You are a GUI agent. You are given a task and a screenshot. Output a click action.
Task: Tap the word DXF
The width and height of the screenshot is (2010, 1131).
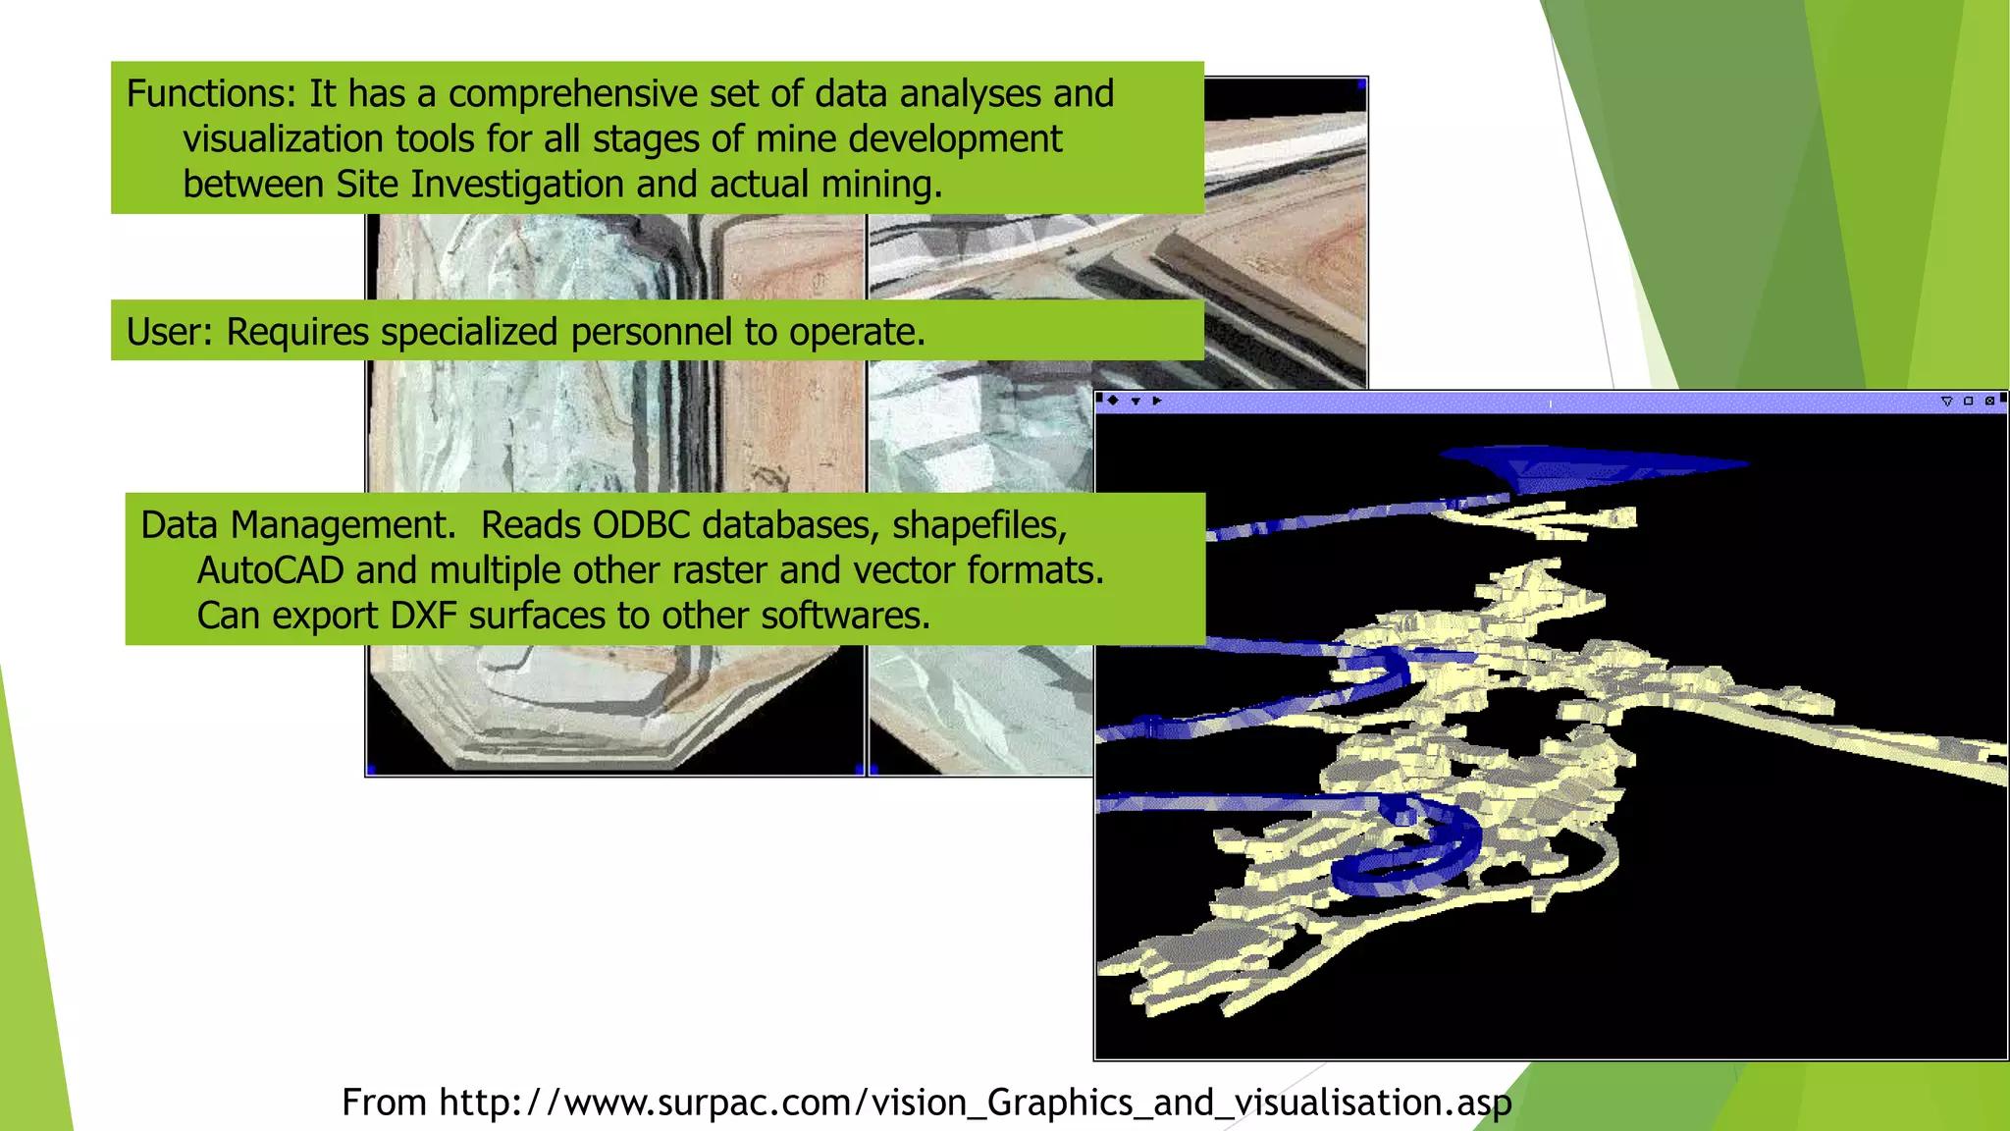click(423, 616)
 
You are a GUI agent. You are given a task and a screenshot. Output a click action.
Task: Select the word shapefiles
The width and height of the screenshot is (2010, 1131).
click(979, 525)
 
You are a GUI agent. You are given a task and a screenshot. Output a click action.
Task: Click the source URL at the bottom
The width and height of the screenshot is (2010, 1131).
click(926, 1103)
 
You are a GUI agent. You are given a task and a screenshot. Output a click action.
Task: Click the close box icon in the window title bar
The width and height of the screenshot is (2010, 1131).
click(1989, 401)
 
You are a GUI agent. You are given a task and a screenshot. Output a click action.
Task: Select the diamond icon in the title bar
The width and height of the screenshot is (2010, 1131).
click(1113, 401)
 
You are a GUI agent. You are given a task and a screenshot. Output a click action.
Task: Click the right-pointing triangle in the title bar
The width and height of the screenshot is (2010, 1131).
click(1157, 401)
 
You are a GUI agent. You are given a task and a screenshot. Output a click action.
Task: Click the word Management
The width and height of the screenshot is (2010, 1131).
click(343, 525)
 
